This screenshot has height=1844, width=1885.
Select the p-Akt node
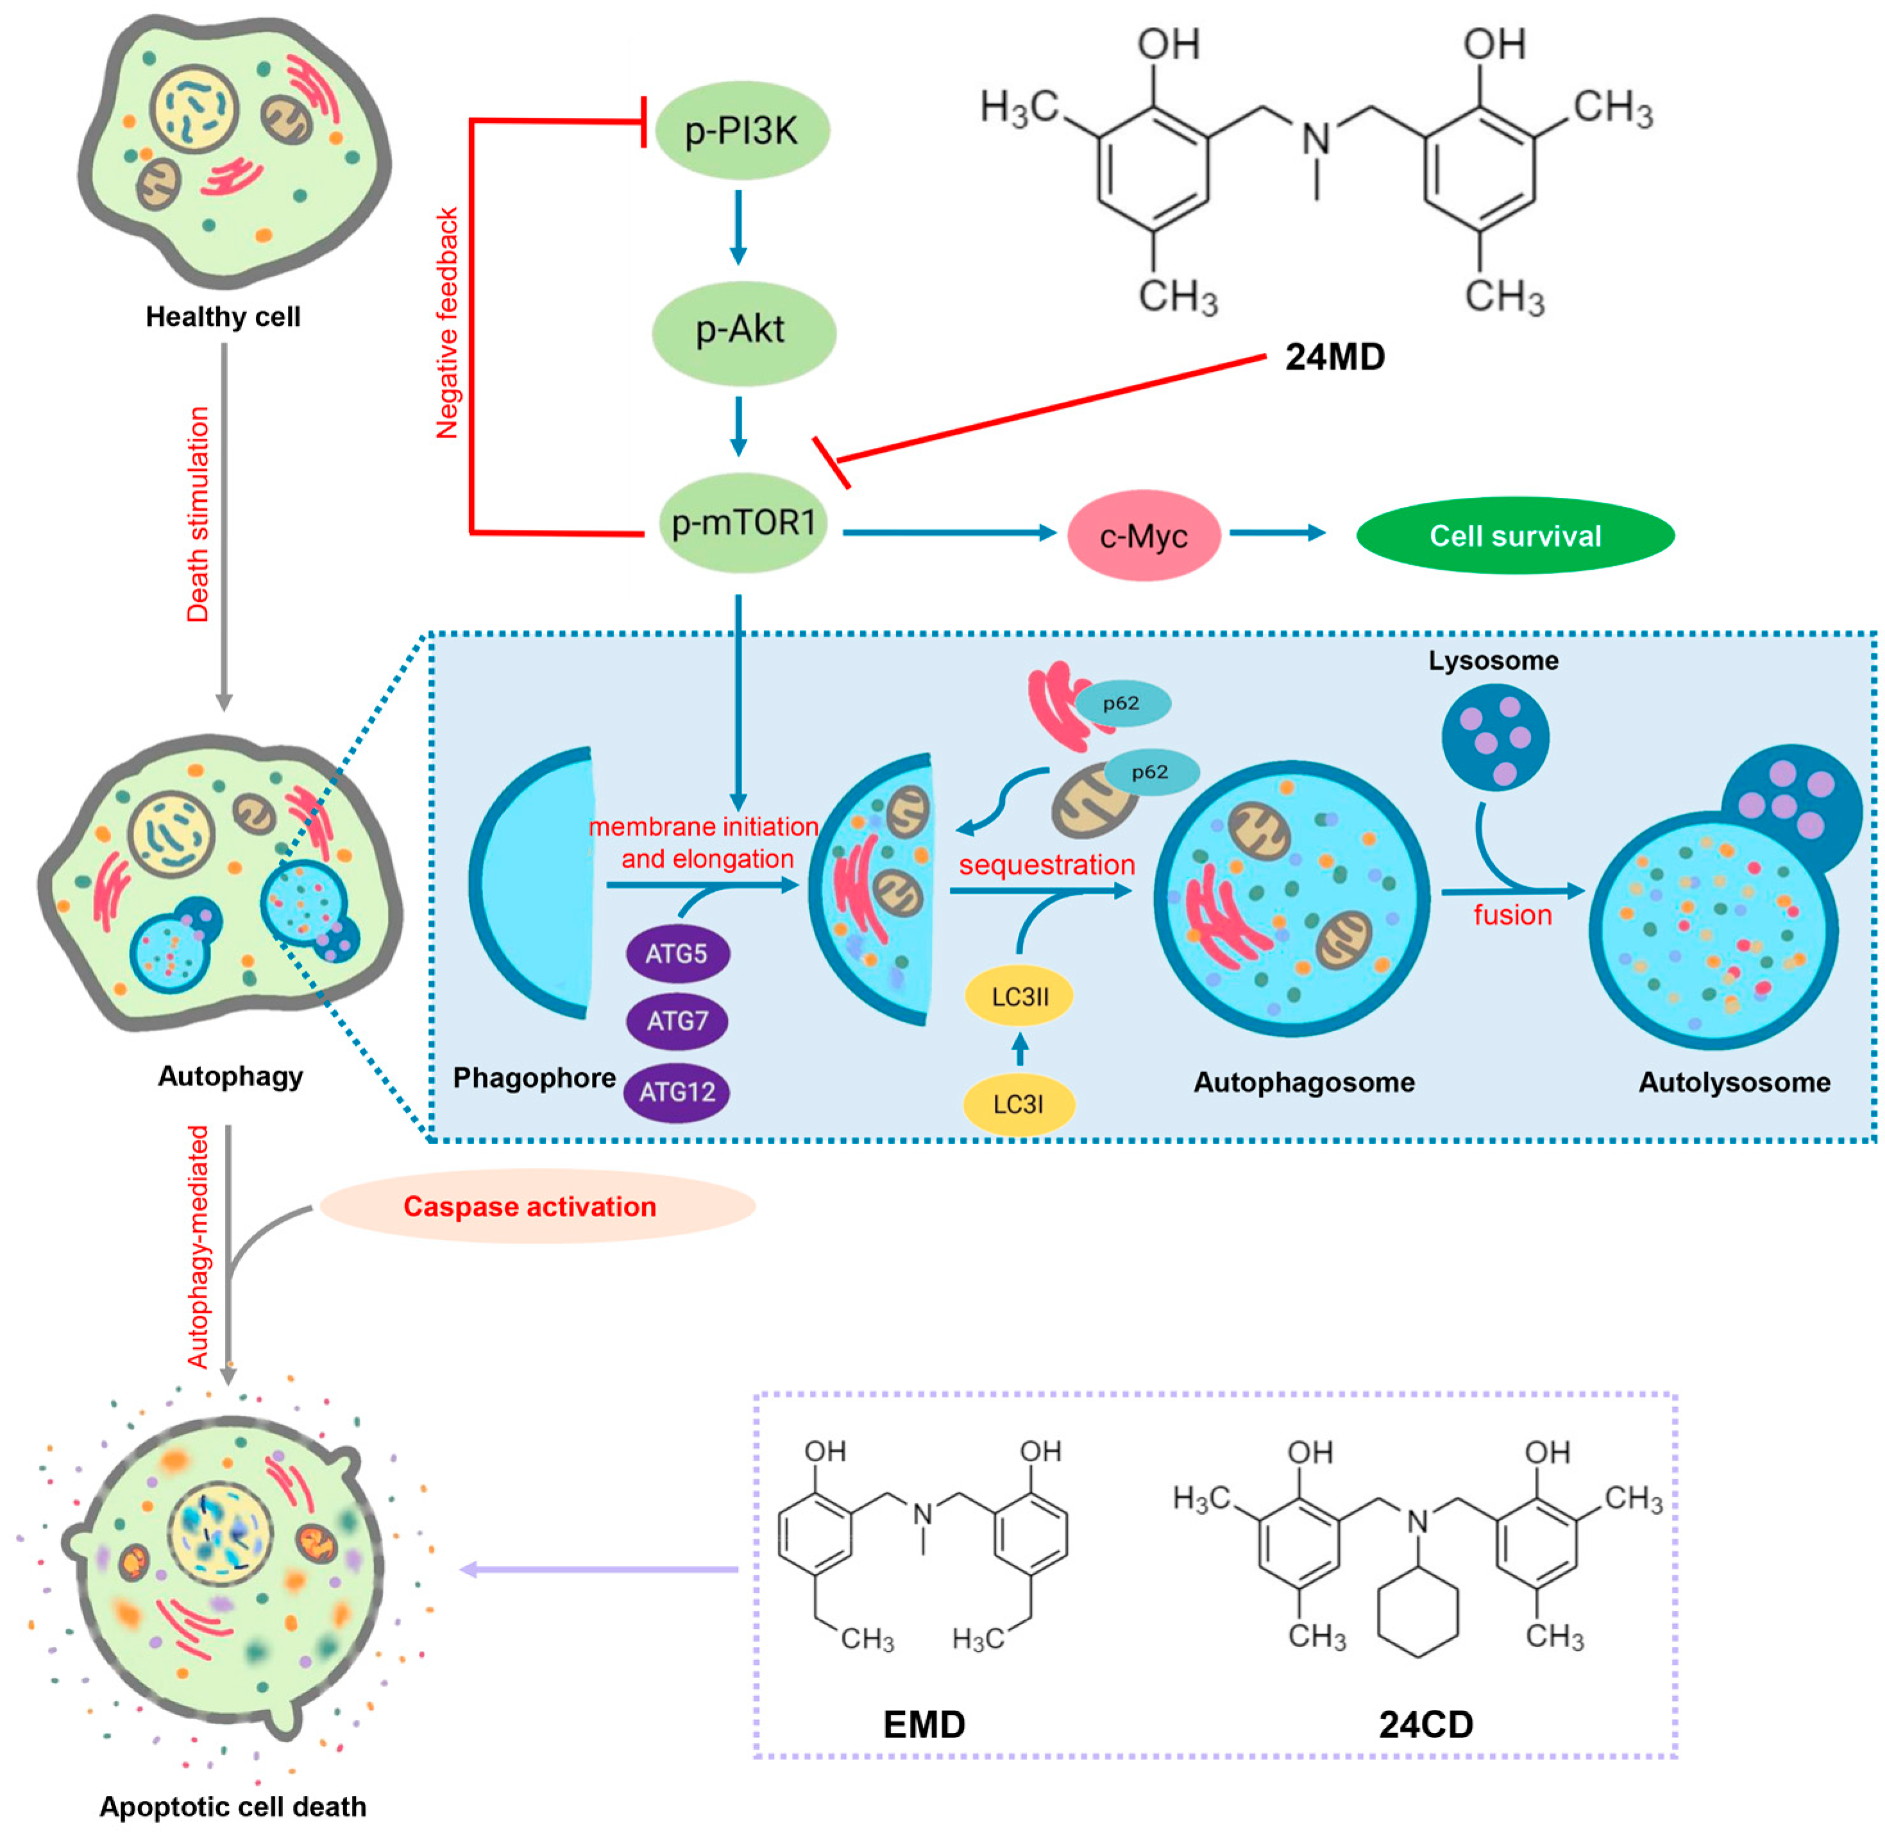tap(741, 330)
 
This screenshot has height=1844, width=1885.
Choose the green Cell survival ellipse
tap(1514, 536)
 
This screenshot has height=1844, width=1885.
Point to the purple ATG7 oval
tap(676, 1021)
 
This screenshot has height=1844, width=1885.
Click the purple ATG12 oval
tap(676, 1091)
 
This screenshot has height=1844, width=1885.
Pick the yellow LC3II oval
tap(1019, 996)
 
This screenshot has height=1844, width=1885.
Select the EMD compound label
tap(924, 1725)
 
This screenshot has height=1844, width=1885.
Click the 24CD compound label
tap(1425, 1725)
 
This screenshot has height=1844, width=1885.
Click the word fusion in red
tap(1511, 915)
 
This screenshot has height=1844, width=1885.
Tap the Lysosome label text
tap(1493, 660)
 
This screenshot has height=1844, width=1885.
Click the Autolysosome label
tap(1733, 1082)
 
